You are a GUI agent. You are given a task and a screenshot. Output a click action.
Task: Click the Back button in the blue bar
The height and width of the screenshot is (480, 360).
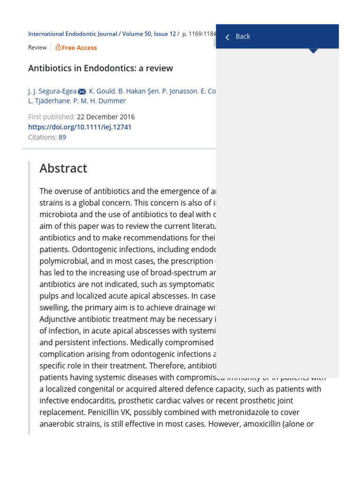pos(242,37)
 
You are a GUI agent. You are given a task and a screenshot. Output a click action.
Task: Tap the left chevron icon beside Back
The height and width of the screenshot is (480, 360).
pos(227,37)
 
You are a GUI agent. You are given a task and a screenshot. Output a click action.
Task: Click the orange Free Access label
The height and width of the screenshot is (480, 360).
pos(79,47)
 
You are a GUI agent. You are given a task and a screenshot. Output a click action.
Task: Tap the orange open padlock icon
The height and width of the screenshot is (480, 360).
pos(58,47)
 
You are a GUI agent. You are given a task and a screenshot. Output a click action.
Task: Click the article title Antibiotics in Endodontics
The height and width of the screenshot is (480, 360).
pos(100,68)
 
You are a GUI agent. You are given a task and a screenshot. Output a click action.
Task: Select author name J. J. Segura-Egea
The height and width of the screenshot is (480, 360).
pos(52,91)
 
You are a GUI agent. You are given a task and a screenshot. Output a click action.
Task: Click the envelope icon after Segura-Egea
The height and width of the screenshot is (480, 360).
pos(82,91)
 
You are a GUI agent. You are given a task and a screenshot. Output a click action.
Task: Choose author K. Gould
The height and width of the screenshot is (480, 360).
pos(102,91)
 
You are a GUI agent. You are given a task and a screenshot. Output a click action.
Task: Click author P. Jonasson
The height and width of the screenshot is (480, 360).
pos(180,91)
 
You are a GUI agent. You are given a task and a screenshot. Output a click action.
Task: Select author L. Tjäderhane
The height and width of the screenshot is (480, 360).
pos(49,101)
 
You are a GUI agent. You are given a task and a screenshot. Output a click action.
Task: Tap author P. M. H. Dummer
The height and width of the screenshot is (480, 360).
pos(99,101)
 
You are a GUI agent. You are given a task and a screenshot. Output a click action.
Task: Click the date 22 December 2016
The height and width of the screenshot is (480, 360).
pos(105,117)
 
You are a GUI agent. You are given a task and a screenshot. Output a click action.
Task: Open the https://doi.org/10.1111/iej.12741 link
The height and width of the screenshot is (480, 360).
pos(80,127)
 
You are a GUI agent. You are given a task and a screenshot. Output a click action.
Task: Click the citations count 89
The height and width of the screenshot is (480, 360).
pos(62,137)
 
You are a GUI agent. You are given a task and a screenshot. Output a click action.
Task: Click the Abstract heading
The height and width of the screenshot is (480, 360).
pos(63,168)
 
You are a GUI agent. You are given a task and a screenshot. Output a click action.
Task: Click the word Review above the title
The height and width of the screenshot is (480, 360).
pos(37,47)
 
